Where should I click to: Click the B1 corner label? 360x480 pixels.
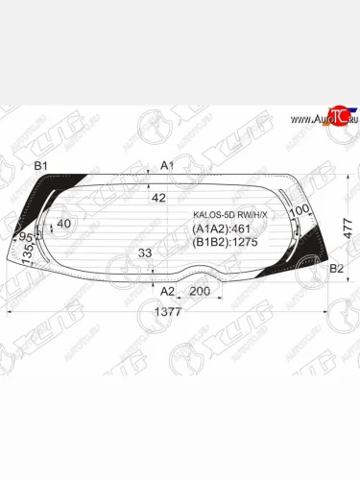pos(41,167)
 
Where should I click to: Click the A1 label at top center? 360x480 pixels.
pos(166,165)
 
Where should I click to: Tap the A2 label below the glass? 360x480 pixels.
pos(166,290)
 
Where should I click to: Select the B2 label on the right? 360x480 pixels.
pos(336,269)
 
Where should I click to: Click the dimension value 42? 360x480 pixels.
pos(158,198)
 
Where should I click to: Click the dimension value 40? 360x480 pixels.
pos(64,224)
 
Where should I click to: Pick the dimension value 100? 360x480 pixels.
pos(299,211)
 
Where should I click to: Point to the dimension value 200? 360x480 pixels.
pos(200,290)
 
